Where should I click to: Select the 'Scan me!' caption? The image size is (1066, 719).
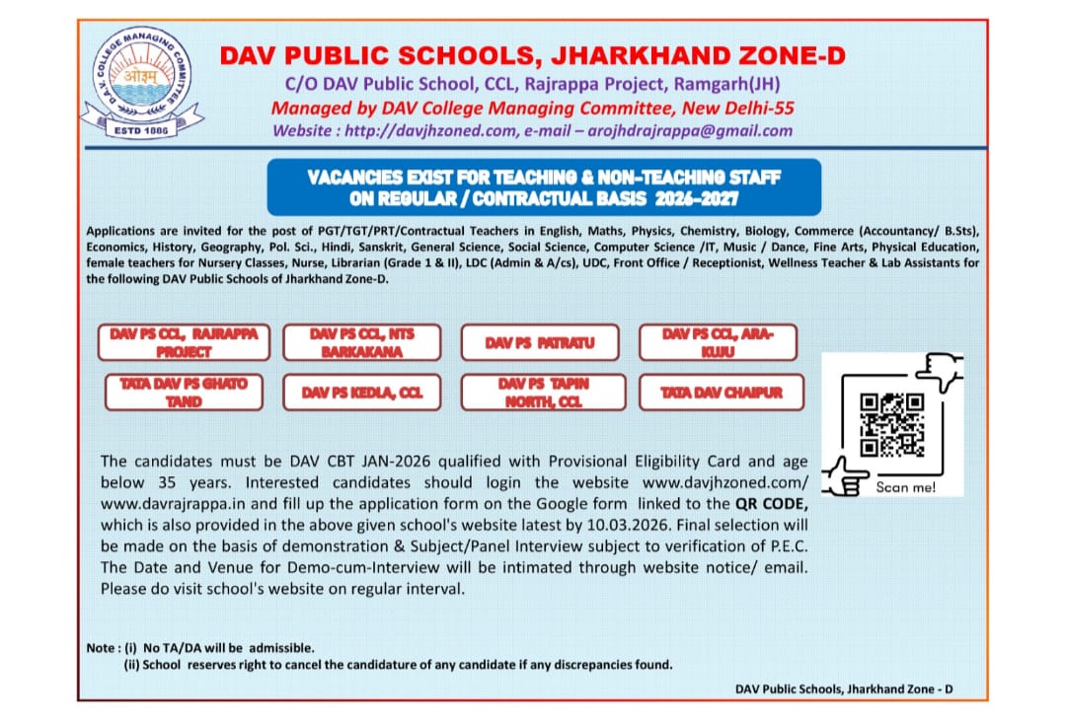tap(905, 487)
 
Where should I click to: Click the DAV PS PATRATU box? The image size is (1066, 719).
tap(539, 343)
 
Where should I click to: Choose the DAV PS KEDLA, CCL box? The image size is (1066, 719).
tap(362, 393)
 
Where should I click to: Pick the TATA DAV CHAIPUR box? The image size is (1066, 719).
tap(722, 393)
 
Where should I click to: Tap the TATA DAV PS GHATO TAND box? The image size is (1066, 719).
tap(184, 393)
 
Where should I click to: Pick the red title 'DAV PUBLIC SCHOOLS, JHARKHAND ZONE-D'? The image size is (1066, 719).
tap(532, 56)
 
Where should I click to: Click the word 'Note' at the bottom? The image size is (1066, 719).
tap(101, 648)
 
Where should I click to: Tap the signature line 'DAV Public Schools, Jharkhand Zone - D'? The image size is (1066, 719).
tap(845, 687)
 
